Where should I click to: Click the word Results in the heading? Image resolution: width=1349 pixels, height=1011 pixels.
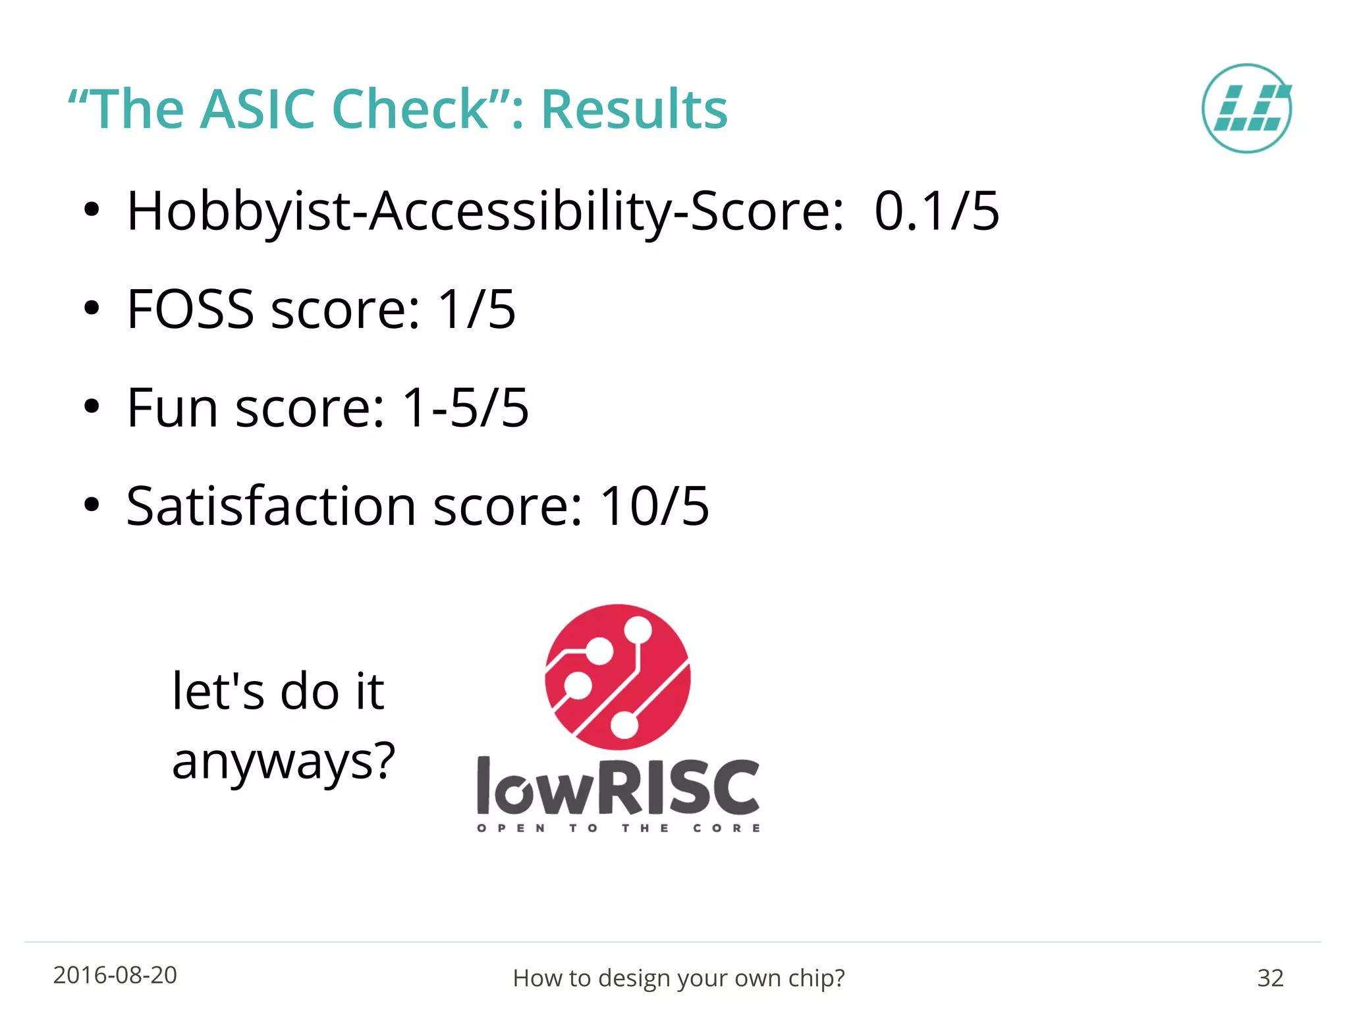[x=634, y=109]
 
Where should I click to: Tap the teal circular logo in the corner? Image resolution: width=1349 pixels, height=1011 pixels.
[x=1246, y=109]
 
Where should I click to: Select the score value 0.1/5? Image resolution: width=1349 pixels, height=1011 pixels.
[x=937, y=211]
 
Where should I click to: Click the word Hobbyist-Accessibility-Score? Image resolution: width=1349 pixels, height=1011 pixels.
[x=485, y=211]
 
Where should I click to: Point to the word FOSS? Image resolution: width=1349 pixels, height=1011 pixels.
[x=190, y=309]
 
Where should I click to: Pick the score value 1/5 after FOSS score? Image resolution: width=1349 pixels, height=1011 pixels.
[x=477, y=309]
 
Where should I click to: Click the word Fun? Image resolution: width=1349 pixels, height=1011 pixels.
[x=172, y=408]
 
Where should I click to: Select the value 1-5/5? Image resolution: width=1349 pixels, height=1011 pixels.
[x=465, y=408]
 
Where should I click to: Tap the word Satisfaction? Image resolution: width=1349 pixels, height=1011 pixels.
[x=271, y=506]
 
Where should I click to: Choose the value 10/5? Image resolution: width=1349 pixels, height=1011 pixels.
[x=655, y=506]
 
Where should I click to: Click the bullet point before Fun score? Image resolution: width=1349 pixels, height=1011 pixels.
[x=92, y=408]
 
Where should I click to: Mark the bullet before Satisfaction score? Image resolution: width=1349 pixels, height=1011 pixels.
[x=92, y=506]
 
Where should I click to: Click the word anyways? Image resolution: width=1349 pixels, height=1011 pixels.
[x=283, y=761]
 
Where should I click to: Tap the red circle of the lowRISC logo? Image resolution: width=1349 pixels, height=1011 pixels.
[x=617, y=677]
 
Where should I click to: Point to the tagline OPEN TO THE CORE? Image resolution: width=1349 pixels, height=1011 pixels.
[x=618, y=828]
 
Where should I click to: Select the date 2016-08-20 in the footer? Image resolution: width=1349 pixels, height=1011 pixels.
[x=115, y=975]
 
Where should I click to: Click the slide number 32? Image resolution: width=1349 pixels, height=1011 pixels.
[x=1270, y=978]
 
